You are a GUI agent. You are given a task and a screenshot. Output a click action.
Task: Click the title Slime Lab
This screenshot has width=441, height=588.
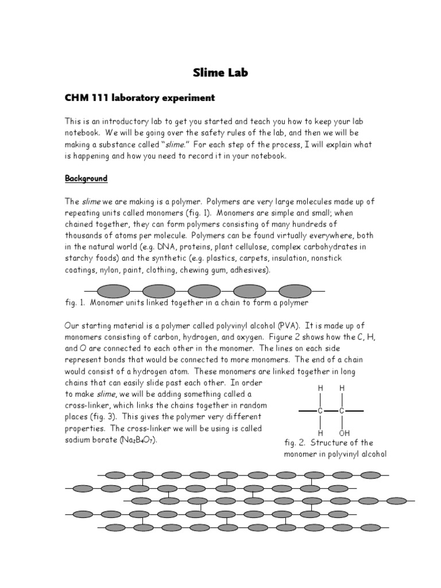(220, 73)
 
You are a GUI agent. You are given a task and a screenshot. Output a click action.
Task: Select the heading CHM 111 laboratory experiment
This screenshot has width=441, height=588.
(140, 98)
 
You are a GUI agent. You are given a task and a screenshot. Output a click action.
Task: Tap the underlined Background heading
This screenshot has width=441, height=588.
(86, 179)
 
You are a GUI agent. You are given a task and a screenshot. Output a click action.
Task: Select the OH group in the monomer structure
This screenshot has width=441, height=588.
(344, 432)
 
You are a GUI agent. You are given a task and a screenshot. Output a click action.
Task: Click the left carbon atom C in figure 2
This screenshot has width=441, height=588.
(321, 411)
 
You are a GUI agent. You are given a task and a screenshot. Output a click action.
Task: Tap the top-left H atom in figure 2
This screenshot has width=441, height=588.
(321, 389)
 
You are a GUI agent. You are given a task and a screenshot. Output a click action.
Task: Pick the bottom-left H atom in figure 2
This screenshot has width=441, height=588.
(321, 432)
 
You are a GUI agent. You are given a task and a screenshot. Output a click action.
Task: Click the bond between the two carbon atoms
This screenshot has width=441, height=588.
(332, 411)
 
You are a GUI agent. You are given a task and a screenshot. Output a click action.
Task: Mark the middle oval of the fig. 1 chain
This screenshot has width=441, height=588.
(205, 291)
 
